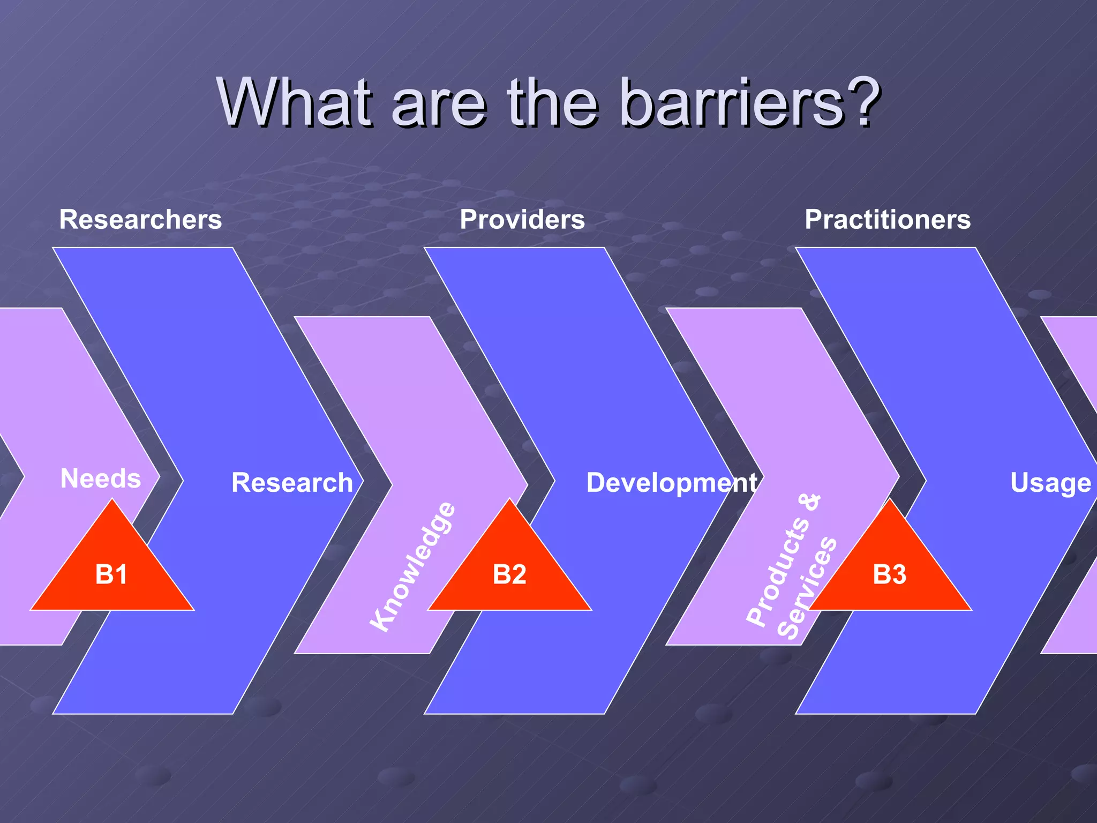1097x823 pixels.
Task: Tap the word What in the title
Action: [294, 102]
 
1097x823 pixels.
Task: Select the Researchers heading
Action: [140, 220]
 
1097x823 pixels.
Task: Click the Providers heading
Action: [522, 220]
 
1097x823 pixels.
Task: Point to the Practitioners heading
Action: [888, 220]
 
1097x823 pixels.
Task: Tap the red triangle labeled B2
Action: [509, 574]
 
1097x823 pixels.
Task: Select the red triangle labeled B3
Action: [890, 574]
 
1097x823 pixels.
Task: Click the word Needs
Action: [101, 478]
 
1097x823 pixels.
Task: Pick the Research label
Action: [292, 483]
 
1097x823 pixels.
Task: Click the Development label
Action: [672, 483]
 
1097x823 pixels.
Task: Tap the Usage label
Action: [1050, 483]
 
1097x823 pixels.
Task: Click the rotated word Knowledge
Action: [413, 567]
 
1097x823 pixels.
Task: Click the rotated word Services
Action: [807, 588]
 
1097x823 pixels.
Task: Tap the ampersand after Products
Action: [810, 502]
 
